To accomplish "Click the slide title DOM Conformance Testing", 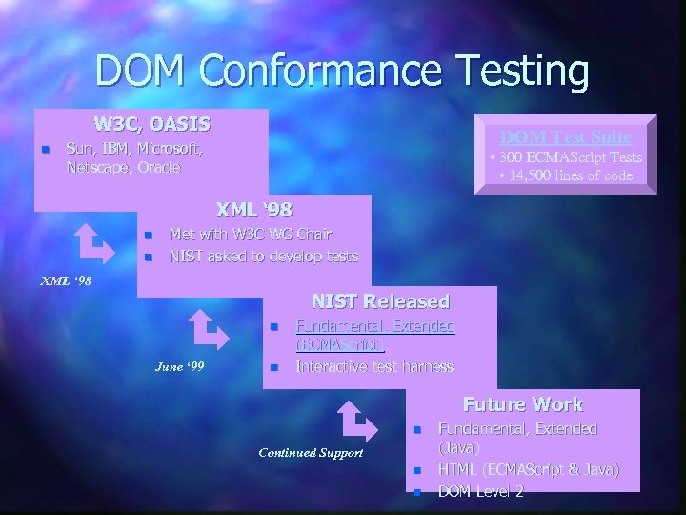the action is point(342,71).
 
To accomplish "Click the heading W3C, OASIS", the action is point(152,124).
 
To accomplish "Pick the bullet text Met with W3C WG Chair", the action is point(251,235).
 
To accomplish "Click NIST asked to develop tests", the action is point(263,256).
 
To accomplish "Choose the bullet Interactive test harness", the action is point(374,366).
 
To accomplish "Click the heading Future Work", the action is point(523,404).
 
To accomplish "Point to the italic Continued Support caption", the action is point(311,451).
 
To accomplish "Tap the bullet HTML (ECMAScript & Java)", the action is point(528,469).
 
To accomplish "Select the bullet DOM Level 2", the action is point(480,491).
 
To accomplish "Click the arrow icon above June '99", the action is point(209,330).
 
